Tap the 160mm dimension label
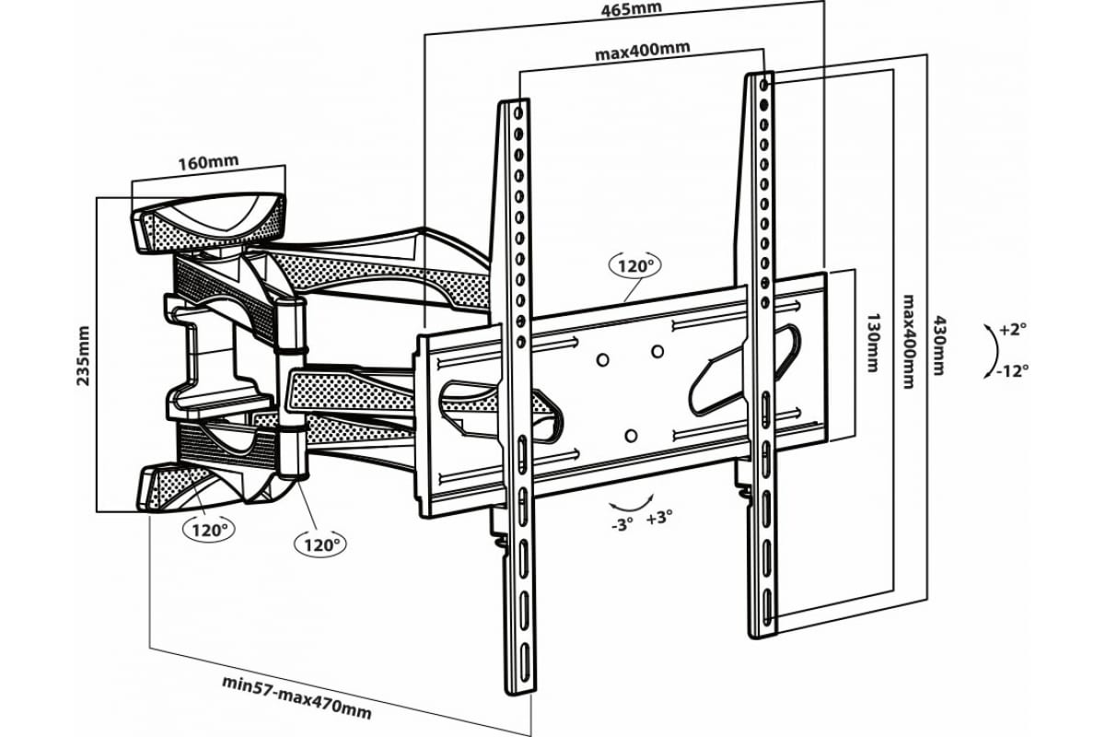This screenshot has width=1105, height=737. click(x=208, y=161)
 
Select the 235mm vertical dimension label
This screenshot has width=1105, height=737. click(x=84, y=355)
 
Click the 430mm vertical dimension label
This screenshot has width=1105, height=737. click(x=939, y=340)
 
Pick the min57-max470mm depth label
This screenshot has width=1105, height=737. click(x=297, y=697)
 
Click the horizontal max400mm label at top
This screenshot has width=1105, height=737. click(x=642, y=53)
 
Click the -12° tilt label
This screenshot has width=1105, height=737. click(x=1012, y=371)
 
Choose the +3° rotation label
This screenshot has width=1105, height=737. click(x=659, y=518)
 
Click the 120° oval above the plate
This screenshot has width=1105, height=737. click(x=634, y=266)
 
